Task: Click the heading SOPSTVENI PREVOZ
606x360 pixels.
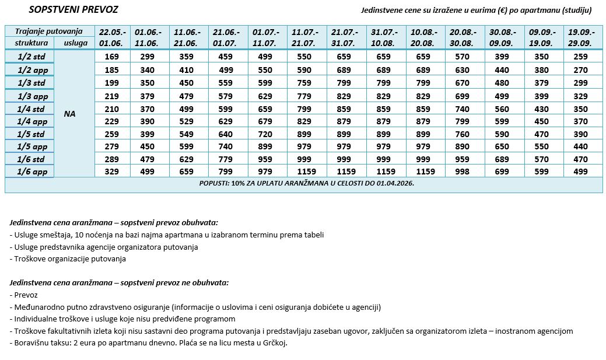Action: [x=73, y=11]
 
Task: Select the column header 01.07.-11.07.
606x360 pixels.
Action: [x=267, y=37]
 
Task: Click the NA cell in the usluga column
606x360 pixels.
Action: [x=70, y=114]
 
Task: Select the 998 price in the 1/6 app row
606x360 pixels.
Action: [x=463, y=172]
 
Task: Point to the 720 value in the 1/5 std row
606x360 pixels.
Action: [x=266, y=134]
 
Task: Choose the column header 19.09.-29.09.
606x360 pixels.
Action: [x=582, y=37]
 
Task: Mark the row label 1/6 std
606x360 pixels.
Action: [x=29, y=159]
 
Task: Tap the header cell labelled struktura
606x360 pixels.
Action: [x=29, y=43]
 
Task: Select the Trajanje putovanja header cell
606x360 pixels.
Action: [x=48, y=32]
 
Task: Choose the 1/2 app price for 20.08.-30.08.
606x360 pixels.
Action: [x=463, y=69]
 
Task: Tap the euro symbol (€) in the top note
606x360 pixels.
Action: [x=499, y=11]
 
